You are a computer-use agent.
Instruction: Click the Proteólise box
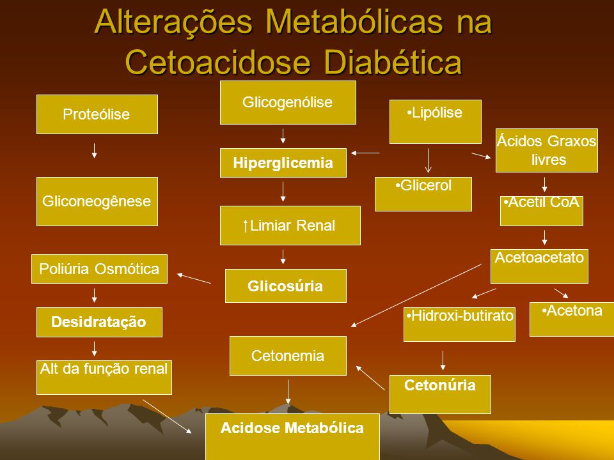click(97, 114)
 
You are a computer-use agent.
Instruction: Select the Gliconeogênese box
click(97, 201)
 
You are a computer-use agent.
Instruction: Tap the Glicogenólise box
click(288, 102)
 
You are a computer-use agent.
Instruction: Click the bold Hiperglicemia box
click(283, 163)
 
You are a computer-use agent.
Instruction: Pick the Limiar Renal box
click(290, 226)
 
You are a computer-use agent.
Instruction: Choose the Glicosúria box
click(286, 286)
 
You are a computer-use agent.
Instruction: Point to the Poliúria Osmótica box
click(100, 269)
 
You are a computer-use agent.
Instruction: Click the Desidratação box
click(100, 322)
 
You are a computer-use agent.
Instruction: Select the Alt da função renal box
click(104, 378)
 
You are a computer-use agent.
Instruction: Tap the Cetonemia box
click(288, 356)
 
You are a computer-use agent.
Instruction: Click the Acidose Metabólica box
click(292, 437)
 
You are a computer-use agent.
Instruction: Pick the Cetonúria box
click(440, 394)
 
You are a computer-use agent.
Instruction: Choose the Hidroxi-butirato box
click(459, 325)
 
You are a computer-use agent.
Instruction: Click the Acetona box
click(572, 319)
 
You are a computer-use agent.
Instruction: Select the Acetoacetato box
click(539, 266)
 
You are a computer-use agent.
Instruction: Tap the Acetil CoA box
click(542, 211)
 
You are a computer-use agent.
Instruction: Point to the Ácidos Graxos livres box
click(547, 151)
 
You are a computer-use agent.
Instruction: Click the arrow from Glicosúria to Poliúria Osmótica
click(194, 278)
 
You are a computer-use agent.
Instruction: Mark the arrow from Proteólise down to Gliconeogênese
click(95, 151)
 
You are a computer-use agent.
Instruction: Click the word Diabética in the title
click(393, 62)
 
